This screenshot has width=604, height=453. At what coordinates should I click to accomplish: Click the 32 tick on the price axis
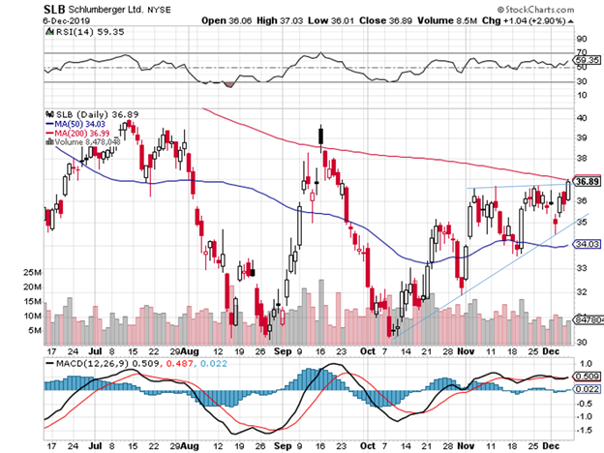point(582,290)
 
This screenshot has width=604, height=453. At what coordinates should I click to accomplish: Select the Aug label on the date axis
point(192,352)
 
